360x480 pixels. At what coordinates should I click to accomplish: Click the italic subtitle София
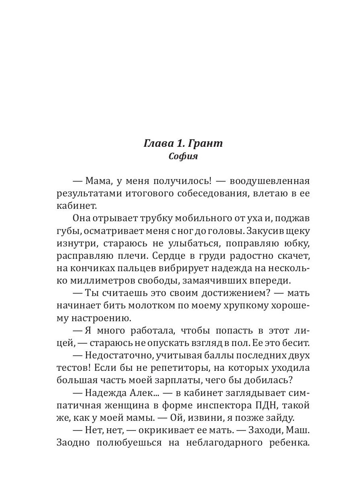[x=183, y=156]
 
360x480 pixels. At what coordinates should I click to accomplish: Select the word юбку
[x=297, y=243]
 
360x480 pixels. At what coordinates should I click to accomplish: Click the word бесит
[x=296, y=343]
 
